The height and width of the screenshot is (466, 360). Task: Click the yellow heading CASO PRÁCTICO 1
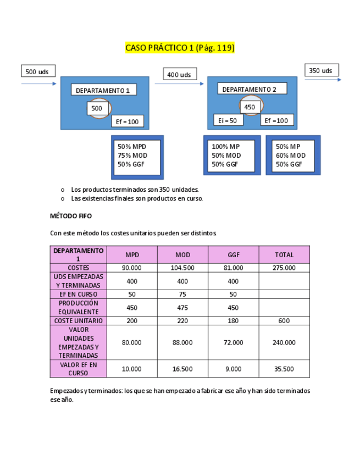180,48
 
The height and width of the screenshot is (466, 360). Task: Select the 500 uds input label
38,71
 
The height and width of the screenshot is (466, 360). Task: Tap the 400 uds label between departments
179,74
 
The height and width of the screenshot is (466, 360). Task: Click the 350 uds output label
321,70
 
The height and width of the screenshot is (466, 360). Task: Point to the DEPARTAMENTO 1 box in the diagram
103,90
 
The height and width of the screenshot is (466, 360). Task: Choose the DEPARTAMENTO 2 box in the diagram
250,89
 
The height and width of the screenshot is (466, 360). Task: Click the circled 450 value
250,107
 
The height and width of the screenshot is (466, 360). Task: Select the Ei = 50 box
228,120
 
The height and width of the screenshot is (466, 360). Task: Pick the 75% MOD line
132,155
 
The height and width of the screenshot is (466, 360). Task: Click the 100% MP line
226,146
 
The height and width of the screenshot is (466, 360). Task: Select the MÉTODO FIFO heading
71,216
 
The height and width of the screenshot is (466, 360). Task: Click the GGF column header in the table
233,254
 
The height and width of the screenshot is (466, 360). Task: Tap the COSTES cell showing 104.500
182,268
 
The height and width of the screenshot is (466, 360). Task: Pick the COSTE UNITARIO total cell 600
284,320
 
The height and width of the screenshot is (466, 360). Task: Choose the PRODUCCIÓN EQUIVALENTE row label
78,307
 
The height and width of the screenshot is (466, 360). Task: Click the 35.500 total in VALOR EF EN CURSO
284,369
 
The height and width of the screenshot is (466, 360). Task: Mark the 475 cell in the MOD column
182,307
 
